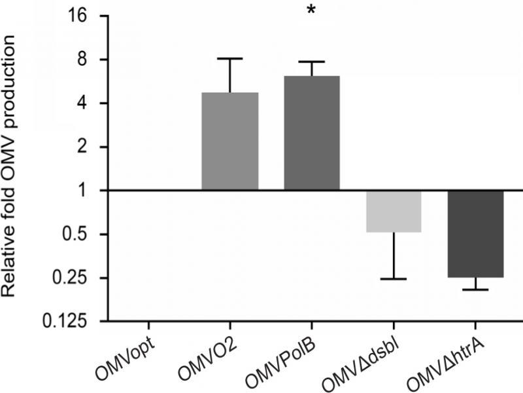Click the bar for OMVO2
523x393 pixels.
coord(230,141)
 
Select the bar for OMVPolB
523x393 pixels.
coord(312,133)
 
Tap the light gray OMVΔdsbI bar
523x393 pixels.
coord(394,211)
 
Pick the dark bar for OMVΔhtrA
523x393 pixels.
coord(476,233)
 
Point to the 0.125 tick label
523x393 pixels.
coord(72,322)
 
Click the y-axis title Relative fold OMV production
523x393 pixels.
coord(14,167)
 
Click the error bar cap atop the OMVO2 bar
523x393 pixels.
coord(230,58)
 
